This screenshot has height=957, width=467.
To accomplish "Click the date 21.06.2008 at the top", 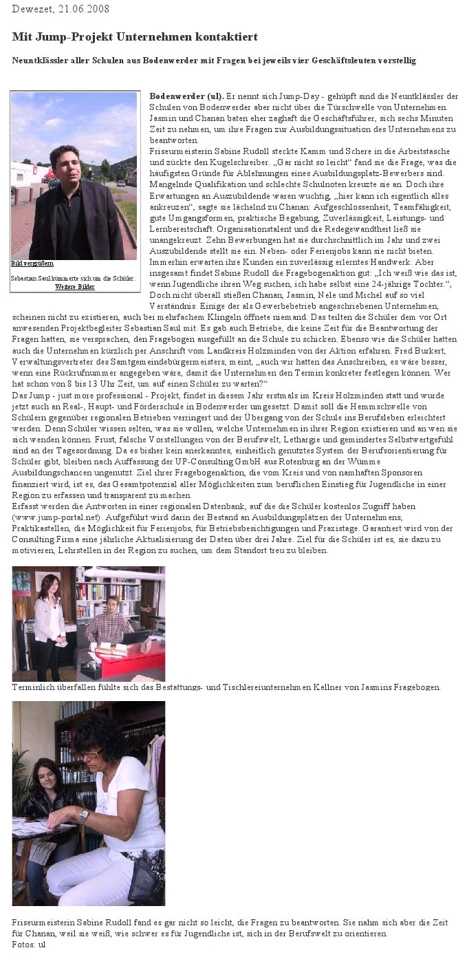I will coord(80,9).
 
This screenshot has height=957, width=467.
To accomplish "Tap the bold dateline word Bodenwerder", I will coord(174,96).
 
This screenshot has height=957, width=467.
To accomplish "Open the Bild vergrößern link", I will coord(32,264).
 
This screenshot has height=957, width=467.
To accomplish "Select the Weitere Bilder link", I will coord(75,286).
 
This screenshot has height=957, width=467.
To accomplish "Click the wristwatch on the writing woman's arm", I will coord(84,817).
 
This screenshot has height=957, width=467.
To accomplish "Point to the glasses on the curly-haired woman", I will coord(91,754).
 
